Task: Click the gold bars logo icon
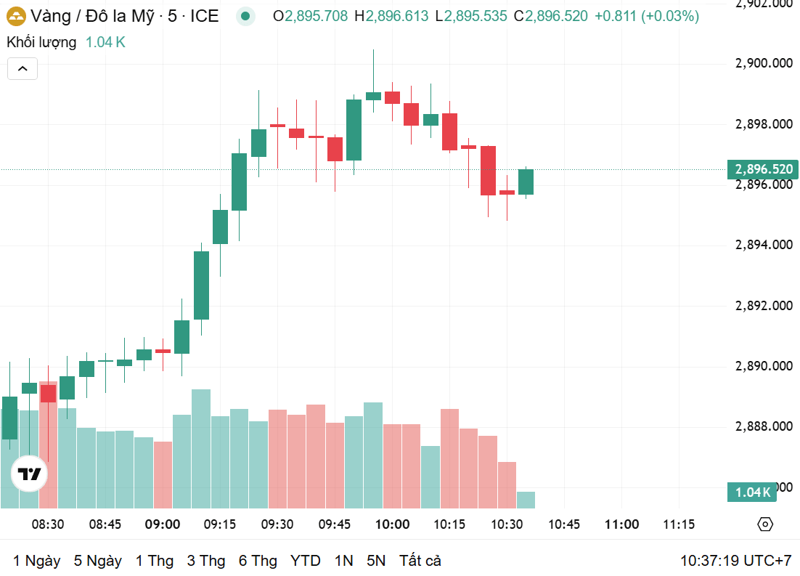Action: (x=16, y=16)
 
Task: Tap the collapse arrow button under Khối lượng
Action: (x=23, y=69)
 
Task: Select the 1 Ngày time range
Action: (x=37, y=561)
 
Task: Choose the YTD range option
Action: (x=305, y=561)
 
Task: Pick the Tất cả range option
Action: (x=420, y=561)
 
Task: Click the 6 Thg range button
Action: (x=258, y=561)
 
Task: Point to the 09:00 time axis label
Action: (x=162, y=524)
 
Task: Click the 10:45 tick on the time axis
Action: (x=564, y=524)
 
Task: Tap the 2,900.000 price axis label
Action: (x=764, y=63)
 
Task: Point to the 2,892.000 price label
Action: (x=764, y=306)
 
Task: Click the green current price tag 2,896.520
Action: (x=763, y=169)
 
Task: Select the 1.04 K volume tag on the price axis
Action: (x=752, y=492)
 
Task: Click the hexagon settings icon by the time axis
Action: (x=765, y=524)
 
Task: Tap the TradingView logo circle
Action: (x=30, y=474)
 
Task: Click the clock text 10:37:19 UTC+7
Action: (x=735, y=561)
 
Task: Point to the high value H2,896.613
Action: (x=391, y=16)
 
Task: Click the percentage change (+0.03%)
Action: (x=670, y=16)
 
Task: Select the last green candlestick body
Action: (x=526, y=182)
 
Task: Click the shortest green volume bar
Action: (x=526, y=500)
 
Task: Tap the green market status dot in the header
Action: (x=245, y=16)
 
